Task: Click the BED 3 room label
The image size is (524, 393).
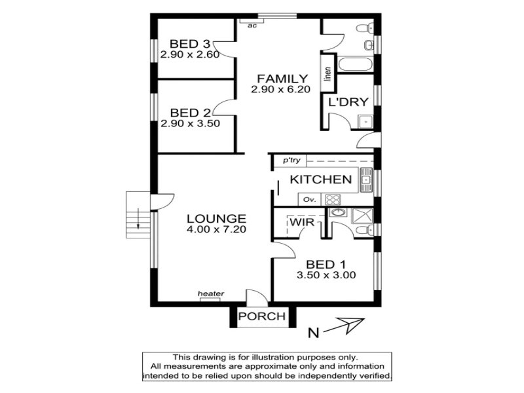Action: point(190,44)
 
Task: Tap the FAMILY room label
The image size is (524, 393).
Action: point(282,79)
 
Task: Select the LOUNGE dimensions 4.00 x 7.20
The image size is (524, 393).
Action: point(217,229)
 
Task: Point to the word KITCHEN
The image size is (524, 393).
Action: point(321,179)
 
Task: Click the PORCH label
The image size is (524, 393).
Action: point(262,316)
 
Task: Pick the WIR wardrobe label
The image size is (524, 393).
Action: point(302,222)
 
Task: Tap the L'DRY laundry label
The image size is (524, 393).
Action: point(348,102)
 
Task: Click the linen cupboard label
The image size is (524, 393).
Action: point(328,74)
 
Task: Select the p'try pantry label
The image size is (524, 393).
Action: point(291,160)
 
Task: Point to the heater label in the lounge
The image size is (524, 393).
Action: point(211,293)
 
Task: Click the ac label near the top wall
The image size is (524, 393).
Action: point(252,26)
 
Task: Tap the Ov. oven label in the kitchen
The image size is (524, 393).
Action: point(309,200)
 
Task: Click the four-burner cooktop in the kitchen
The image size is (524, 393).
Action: point(333,200)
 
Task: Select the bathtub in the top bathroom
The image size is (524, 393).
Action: point(355,64)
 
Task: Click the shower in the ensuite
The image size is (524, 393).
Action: point(362,216)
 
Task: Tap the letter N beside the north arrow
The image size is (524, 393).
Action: point(314,333)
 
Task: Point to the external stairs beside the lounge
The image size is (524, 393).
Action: point(138,215)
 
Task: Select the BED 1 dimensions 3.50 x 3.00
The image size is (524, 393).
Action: point(326,275)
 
